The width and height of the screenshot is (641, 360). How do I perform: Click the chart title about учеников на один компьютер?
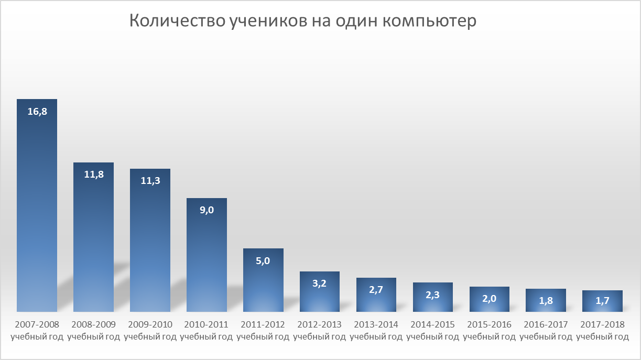[303, 21]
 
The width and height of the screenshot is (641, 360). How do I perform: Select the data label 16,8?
[37, 111]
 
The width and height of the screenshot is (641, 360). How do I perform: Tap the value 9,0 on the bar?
[207, 210]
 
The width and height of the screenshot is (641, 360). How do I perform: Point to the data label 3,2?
[320, 283]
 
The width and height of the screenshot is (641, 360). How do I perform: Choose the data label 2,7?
[376, 290]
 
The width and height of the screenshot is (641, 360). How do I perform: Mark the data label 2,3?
[433, 294]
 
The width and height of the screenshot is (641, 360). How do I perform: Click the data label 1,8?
[546, 301]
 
